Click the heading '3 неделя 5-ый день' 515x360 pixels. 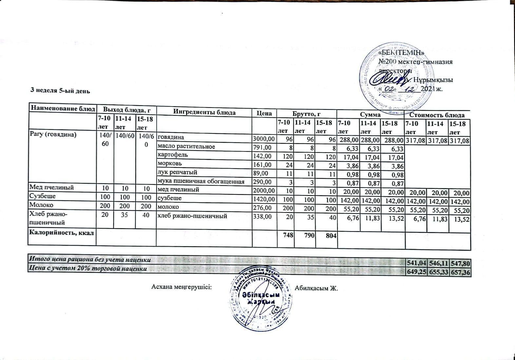coord(60,91)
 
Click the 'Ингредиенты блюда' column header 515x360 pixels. coord(204,112)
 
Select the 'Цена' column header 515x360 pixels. coord(264,113)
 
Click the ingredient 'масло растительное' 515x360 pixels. coord(186,147)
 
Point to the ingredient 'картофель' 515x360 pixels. coord(173,155)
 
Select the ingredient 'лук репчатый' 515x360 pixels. coord(178,172)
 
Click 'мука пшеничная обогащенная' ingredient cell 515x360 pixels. coord(201,181)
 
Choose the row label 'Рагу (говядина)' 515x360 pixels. coord(53,134)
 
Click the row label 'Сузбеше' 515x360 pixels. coord(43,196)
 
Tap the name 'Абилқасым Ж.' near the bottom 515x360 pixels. coord(316,289)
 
